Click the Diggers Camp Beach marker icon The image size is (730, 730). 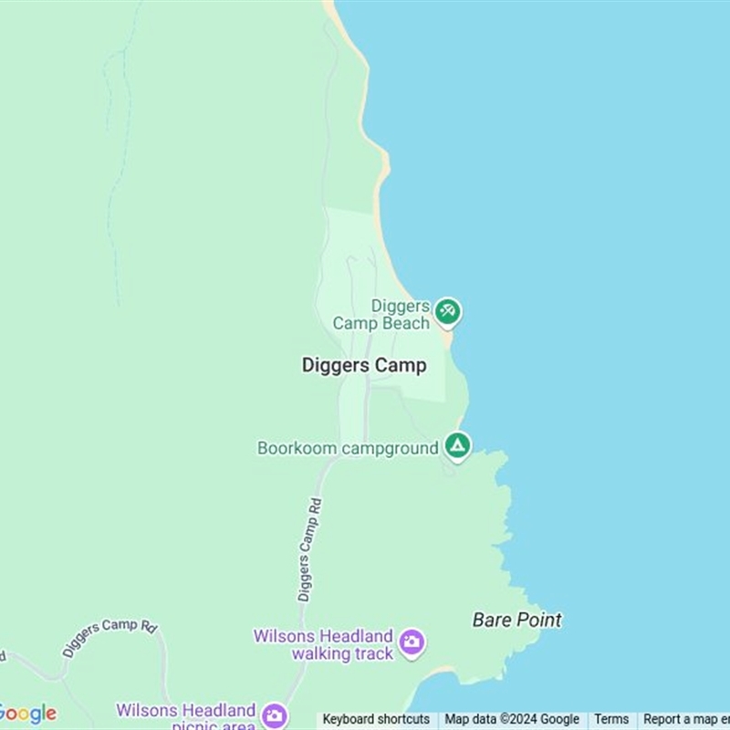point(447,311)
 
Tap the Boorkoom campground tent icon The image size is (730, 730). point(457,445)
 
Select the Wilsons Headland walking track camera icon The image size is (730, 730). point(412,641)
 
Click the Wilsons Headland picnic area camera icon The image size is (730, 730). point(274,714)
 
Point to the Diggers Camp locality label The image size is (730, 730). point(364,365)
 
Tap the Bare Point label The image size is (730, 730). point(516,620)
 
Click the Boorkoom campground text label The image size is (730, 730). point(348,448)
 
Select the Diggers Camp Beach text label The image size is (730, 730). point(381,315)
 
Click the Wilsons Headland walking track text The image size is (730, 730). point(324,644)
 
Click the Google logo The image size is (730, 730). point(27,714)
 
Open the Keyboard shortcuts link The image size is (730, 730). point(376,719)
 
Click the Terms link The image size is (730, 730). point(611,719)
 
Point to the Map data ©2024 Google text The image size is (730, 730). point(512,719)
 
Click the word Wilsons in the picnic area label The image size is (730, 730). point(148,710)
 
